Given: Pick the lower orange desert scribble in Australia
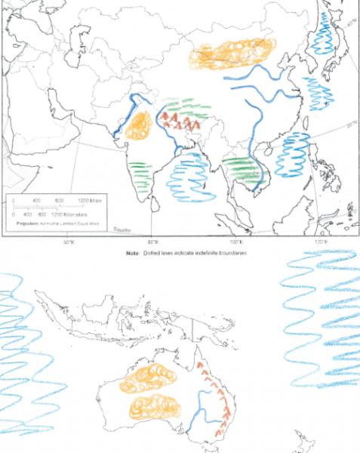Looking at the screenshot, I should click(157, 408).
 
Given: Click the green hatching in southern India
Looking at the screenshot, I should click(140, 168).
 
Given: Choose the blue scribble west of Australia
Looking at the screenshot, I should click(26, 355).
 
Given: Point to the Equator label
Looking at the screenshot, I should click(122, 227).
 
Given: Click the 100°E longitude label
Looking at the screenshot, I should click(235, 242).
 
